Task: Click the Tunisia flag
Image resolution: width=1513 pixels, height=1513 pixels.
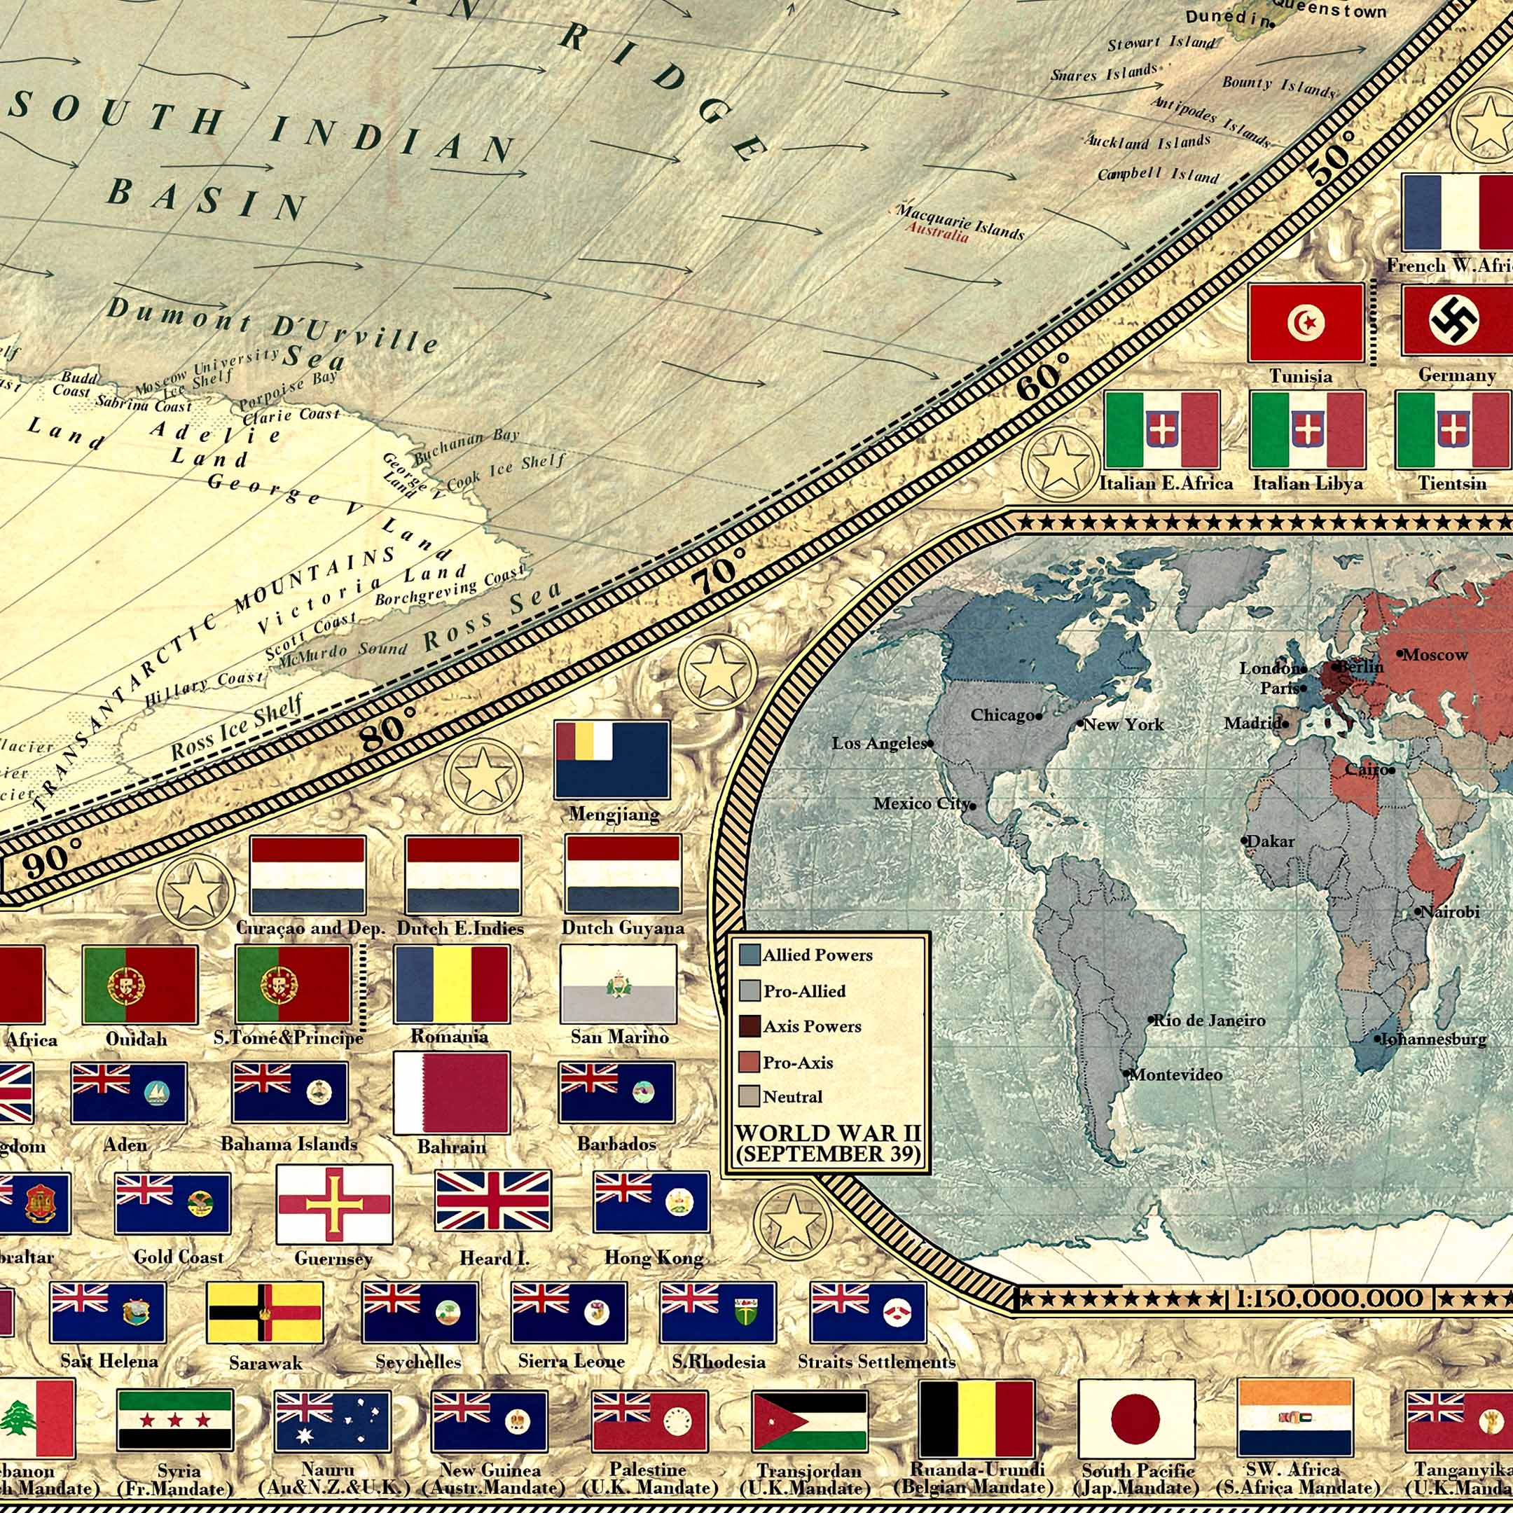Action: (x=1306, y=323)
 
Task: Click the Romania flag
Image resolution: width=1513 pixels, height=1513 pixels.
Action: (x=452, y=983)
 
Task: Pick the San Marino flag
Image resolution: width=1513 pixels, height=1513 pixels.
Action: (x=619, y=983)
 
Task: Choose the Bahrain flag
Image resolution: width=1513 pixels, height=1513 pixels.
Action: (x=452, y=1093)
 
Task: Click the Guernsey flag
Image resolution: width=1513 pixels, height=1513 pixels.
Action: (x=334, y=1203)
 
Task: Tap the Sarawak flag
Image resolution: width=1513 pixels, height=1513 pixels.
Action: (x=265, y=1313)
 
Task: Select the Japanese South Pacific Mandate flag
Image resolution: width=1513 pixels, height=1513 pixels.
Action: (x=1136, y=1420)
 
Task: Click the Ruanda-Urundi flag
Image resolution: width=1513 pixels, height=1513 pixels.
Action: (x=976, y=1420)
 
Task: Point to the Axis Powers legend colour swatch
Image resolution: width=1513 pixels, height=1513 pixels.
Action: (x=749, y=1026)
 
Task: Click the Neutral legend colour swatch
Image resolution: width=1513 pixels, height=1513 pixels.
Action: (x=749, y=1096)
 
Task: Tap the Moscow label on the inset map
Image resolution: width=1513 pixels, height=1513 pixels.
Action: (x=1435, y=655)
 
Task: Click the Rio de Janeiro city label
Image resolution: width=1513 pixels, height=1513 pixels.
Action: (x=1209, y=1021)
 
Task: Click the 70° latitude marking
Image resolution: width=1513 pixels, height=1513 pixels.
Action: (x=717, y=571)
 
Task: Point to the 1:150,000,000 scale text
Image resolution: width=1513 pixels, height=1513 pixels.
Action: (x=1329, y=1299)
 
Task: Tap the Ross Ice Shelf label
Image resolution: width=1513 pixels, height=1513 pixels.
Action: (x=237, y=727)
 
